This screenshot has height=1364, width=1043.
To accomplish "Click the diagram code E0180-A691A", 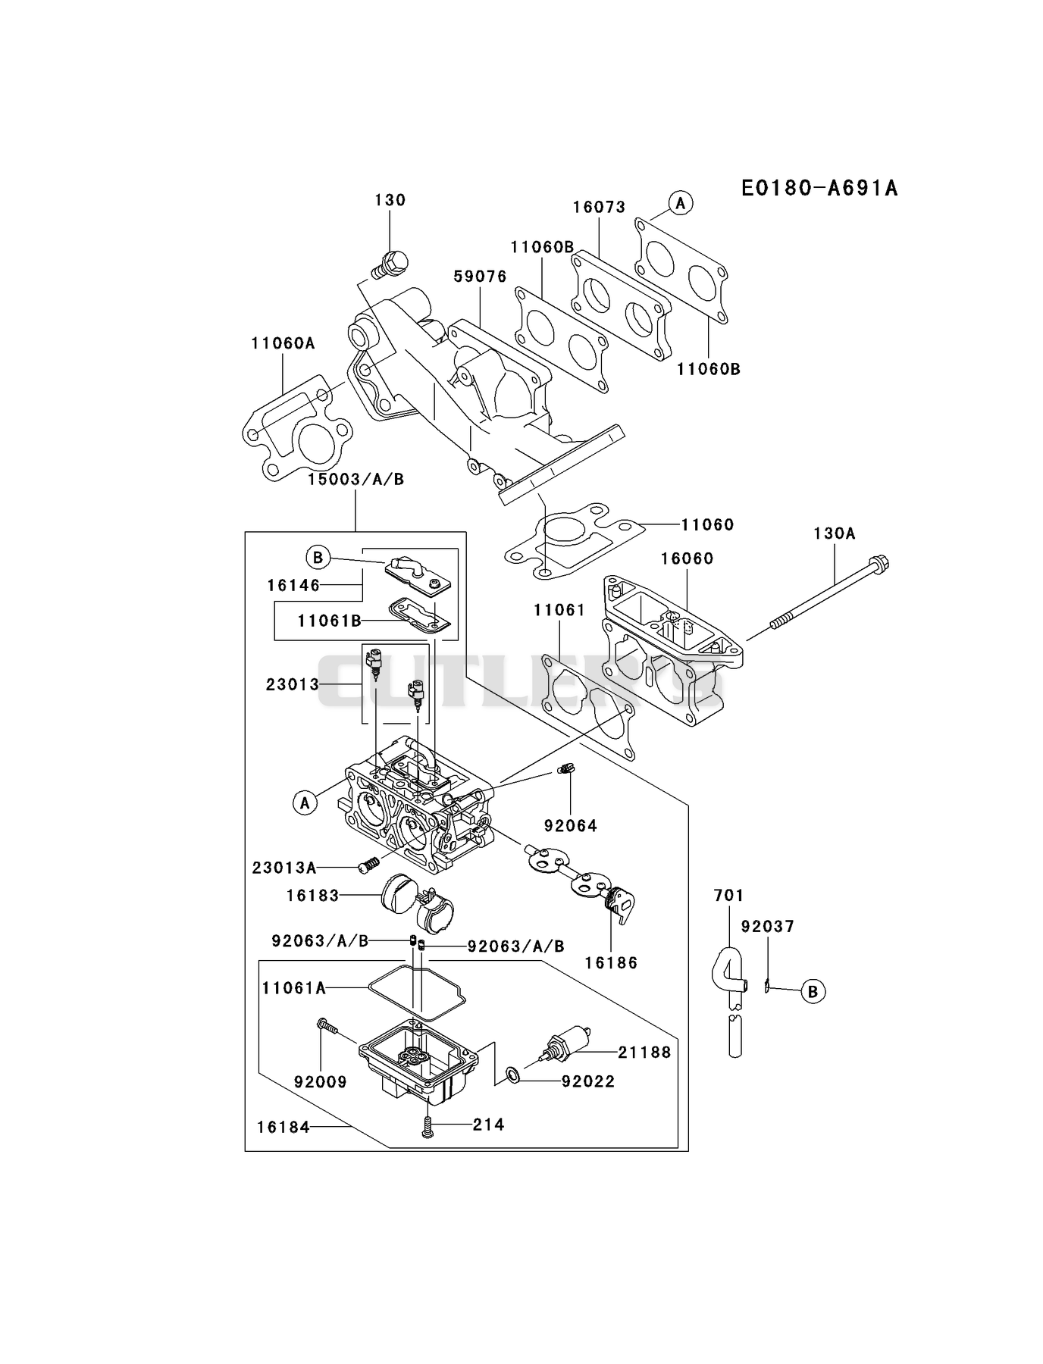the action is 819,188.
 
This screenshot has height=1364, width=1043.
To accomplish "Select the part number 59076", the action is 481,277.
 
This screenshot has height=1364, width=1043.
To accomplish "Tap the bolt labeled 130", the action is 390,264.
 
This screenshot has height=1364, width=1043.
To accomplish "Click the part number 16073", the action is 599,207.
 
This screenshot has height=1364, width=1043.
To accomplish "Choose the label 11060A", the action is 283,343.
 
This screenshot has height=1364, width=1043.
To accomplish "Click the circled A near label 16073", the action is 681,202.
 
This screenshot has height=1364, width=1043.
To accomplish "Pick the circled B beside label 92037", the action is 813,991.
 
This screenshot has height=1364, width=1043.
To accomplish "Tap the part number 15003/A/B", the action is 355,479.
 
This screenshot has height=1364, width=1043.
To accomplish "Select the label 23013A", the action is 284,868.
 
